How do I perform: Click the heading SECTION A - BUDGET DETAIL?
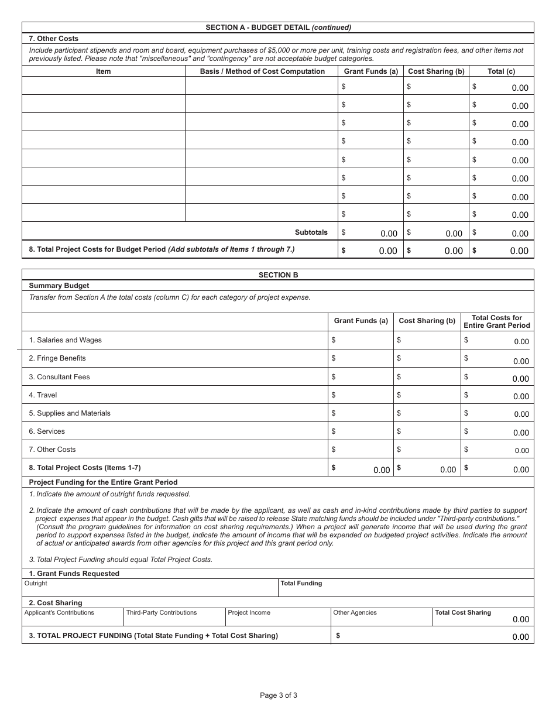(x=278, y=28)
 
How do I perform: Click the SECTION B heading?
(x=278, y=275)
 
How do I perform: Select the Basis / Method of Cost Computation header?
(x=262, y=71)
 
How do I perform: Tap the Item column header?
(x=103, y=71)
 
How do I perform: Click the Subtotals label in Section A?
(x=311, y=232)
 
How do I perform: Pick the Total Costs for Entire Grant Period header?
(x=497, y=322)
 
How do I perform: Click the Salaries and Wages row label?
(x=65, y=340)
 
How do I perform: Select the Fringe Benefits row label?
(x=57, y=358)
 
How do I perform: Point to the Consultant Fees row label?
(x=59, y=377)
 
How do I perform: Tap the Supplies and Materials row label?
(x=70, y=413)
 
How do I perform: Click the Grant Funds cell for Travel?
(x=361, y=395)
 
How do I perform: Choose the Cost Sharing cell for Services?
(x=427, y=431)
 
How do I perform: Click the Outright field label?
(x=36, y=584)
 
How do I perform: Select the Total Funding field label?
(x=301, y=584)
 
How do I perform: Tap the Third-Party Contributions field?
(x=162, y=613)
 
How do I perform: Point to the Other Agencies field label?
(x=355, y=613)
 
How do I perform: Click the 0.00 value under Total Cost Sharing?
(x=520, y=619)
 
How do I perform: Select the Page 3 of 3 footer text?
(x=279, y=695)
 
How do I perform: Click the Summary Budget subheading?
(x=59, y=286)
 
